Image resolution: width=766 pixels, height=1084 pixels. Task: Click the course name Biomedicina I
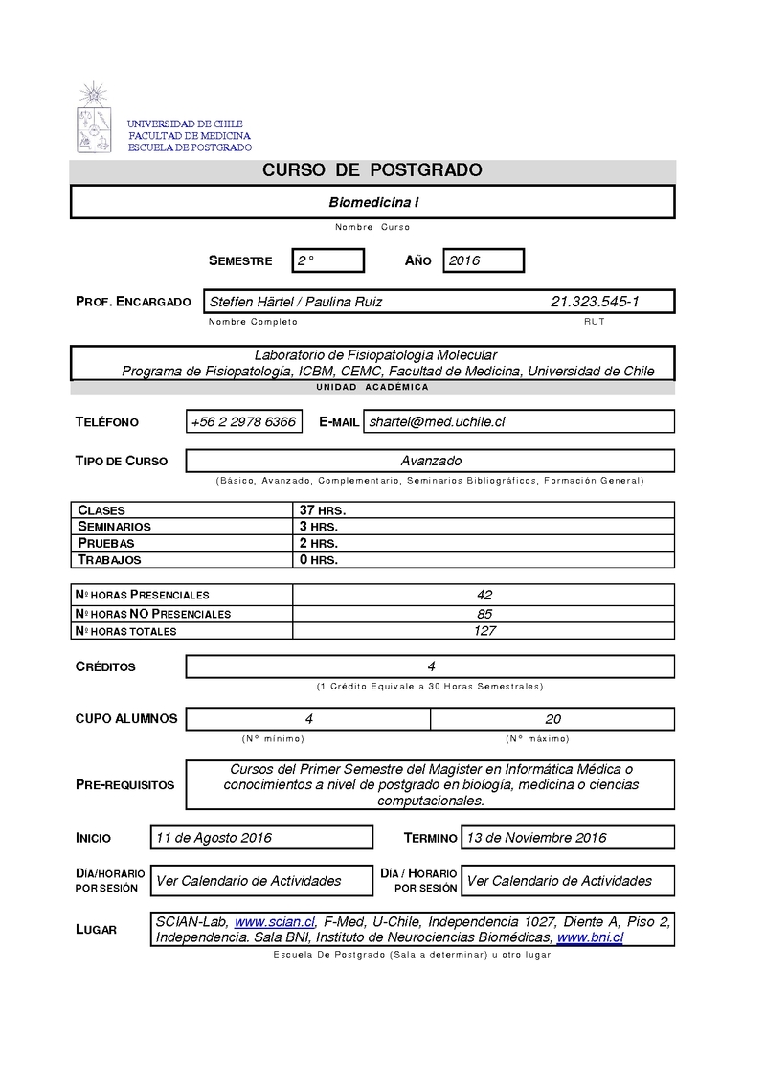click(x=373, y=202)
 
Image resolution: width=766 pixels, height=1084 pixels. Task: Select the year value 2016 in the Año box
click(x=464, y=260)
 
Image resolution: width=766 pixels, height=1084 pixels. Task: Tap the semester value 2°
click(x=305, y=260)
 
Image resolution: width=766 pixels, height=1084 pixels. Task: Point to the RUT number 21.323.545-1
click(x=595, y=302)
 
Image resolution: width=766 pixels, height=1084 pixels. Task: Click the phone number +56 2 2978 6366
click(x=243, y=421)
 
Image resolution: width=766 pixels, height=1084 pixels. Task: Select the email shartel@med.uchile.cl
click(x=438, y=421)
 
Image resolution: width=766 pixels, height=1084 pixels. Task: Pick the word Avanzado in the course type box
click(x=431, y=461)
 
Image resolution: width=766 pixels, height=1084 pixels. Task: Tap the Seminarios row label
click(x=114, y=527)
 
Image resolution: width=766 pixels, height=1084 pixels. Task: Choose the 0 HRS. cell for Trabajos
click(x=318, y=559)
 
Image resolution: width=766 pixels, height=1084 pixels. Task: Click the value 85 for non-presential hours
click(x=484, y=613)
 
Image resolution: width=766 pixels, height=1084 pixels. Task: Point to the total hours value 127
click(x=484, y=631)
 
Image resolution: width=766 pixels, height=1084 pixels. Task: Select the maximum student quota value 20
click(x=552, y=719)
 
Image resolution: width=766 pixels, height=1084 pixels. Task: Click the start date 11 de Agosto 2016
click(x=214, y=838)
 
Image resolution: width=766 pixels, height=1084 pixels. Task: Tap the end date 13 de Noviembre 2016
click(x=536, y=838)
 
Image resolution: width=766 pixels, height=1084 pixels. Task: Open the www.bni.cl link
click(x=590, y=937)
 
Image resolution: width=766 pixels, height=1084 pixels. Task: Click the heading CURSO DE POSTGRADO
click(x=372, y=170)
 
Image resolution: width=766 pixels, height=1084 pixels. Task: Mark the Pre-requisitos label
click(x=124, y=785)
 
